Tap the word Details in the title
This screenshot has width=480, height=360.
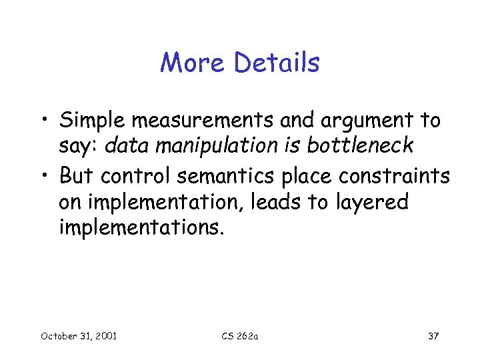click(277, 63)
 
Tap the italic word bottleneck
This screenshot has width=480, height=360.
click(361, 145)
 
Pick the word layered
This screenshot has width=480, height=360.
click(372, 202)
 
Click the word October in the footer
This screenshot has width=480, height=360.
click(59, 336)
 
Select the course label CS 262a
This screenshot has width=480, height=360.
click(239, 336)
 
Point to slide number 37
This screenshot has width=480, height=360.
click(433, 336)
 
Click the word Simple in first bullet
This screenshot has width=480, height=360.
click(93, 121)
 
